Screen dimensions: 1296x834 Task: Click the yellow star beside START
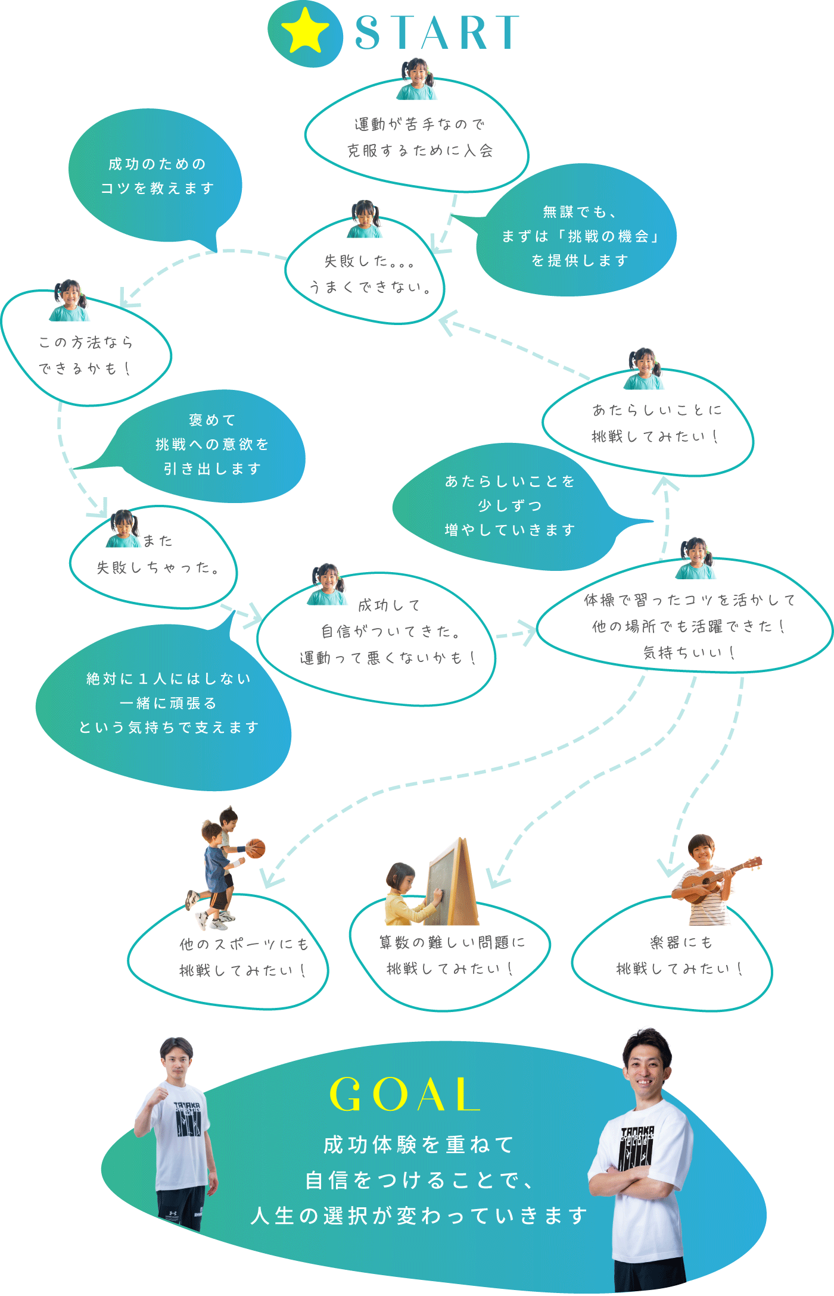pos(304,31)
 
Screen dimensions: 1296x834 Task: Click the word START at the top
pos(437,33)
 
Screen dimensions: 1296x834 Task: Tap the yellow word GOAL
pos(404,1094)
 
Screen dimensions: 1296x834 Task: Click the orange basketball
pos(256,848)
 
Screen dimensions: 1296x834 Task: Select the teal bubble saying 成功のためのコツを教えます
pos(156,176)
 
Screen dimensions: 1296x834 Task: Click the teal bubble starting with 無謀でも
pos(579,236)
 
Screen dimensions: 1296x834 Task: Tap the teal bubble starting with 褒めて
pos(212,444)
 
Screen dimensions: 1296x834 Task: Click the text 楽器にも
pos(681,942)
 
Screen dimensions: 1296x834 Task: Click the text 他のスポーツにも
pos(244,944)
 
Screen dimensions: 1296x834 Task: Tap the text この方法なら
pos(86,342)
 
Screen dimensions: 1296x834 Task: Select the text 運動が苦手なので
pos(419,124)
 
